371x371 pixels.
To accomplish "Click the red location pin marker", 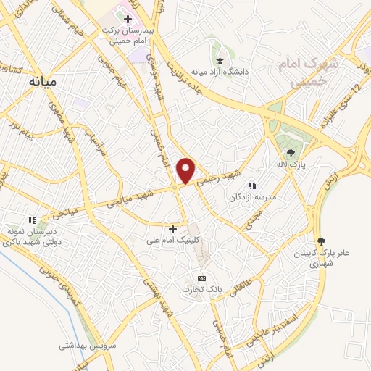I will (187, 170).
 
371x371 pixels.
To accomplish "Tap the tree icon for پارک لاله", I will (291, 153).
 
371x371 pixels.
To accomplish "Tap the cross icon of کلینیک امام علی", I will (172, 229).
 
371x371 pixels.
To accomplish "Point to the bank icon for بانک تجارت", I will (202, 278).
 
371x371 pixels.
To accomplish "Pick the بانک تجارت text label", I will (201, 290).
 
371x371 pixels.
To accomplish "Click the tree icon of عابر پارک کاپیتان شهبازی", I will (322, 241).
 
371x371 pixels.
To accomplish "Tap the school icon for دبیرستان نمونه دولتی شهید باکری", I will (31, 220).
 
